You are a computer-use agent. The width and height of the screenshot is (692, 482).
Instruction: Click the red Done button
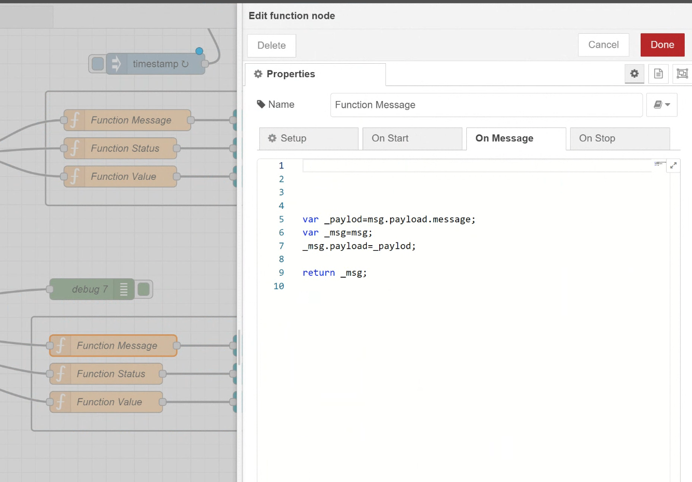tap(662, 45)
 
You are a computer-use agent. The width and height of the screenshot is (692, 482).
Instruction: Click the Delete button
tap(271, 46)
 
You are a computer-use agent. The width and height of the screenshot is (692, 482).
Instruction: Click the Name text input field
tap(486, 105)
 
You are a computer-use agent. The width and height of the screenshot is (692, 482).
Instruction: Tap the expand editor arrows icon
tap(673, 165)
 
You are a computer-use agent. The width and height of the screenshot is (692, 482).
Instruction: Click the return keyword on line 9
tap(319, 273)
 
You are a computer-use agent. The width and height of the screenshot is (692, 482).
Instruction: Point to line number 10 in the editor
tap(279, 286)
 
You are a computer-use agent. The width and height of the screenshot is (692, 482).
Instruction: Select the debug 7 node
tap(92, 289)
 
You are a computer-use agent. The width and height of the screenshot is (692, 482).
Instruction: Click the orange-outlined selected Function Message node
tap(113, 346)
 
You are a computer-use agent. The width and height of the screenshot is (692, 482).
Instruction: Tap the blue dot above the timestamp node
tap(199, 51)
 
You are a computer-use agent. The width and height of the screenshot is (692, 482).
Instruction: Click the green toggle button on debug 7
tap(143, 289)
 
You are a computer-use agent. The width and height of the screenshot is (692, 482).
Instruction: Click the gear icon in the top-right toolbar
tap(634, 74)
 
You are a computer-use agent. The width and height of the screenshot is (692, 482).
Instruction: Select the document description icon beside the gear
tap(658, 74)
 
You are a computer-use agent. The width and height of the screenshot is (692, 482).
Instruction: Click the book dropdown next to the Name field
tap(662, 105)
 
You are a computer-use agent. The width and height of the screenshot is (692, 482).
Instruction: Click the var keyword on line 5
tap(311, 219)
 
